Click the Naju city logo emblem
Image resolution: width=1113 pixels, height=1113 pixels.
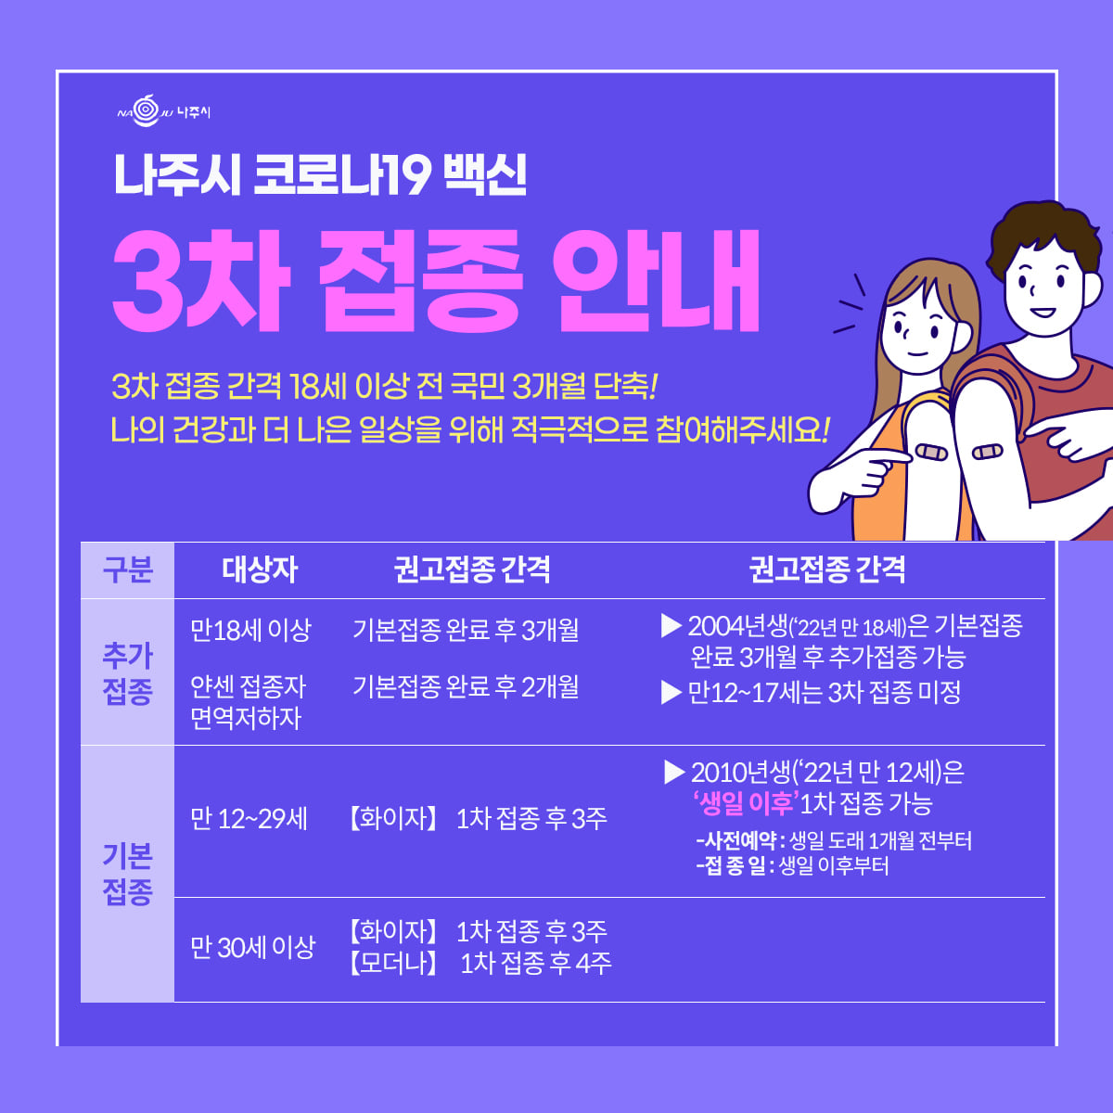[x=147, y=110]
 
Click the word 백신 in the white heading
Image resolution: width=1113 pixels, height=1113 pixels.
[x=485, y=174]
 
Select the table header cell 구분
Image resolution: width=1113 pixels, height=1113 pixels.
[x=128, y=570]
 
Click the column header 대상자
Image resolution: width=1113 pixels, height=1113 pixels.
[x=260, y=570]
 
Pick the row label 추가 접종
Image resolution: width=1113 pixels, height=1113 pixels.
[x=128, y=672]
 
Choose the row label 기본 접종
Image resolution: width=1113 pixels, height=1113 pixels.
[x=128, y=874]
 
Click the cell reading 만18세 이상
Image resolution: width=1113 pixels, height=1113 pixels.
[x=250, y=630]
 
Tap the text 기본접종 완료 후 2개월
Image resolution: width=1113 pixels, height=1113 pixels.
[x=466, y=686]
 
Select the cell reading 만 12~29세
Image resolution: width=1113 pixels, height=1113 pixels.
[x=249, y=819]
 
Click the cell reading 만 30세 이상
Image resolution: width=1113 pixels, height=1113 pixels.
[x=253, y=947]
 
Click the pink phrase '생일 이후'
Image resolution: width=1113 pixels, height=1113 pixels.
[x=746, y=803]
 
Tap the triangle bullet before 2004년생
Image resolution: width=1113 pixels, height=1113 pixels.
[x=672, y=625]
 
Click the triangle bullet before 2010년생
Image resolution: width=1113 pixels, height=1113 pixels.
[x=674, y=773]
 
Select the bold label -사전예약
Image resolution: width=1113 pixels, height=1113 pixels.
[x=736, y=841]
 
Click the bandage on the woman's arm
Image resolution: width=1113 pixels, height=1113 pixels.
[x=931, y=453]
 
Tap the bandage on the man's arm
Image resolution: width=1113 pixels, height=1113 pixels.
[x=987, y=451]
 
